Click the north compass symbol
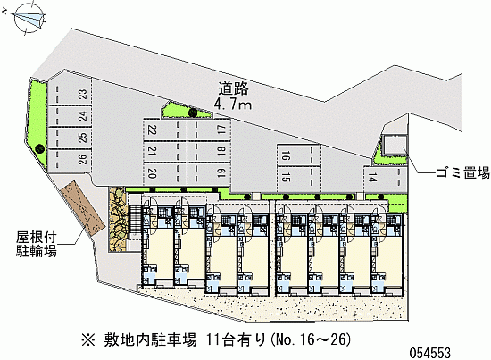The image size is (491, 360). point(28,18)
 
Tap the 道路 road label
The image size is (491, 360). point(233,88)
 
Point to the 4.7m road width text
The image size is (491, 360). point(233,104)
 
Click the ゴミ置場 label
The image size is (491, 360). point(463,173)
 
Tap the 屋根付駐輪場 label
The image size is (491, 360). point(37,244)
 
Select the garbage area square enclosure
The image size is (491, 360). point(395,145)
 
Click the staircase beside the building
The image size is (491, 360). point(134,220)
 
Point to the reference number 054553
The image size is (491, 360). point(430,353)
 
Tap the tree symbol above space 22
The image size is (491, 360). point(192,112)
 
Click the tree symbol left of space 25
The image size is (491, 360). point(39,148)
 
